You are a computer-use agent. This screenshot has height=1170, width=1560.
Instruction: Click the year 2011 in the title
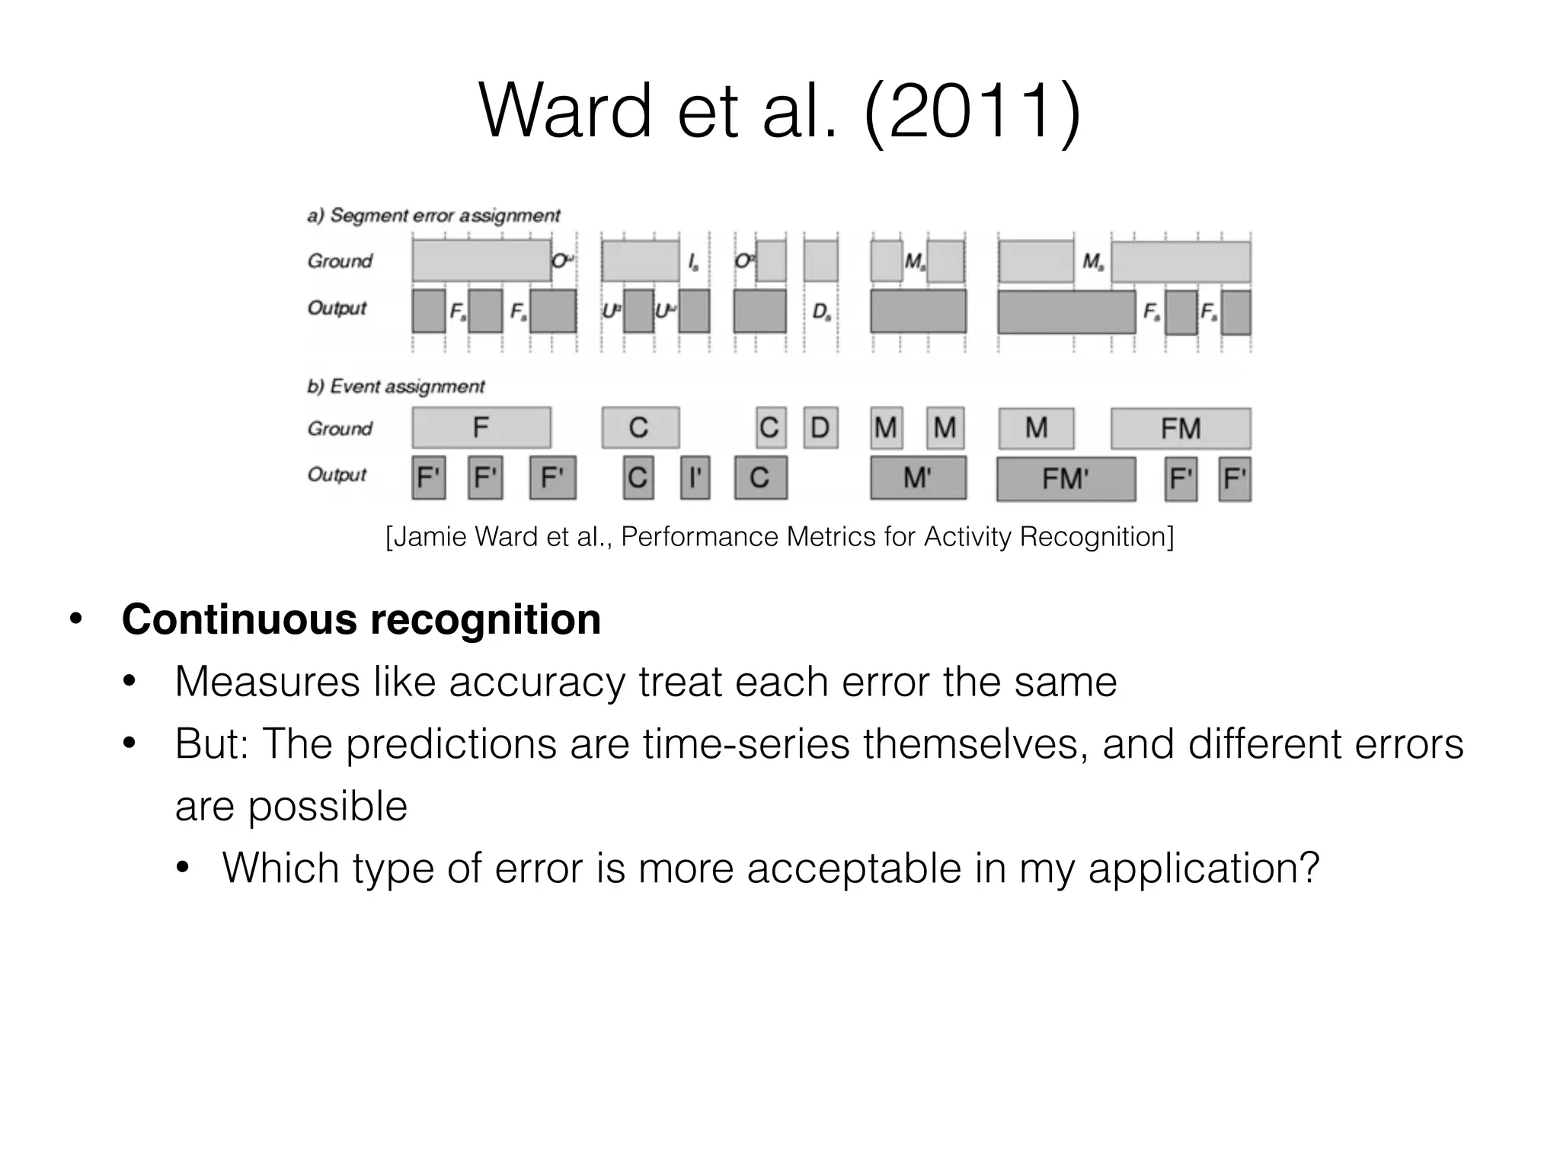coord(973,112)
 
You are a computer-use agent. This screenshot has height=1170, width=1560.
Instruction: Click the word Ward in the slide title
coord(564,112)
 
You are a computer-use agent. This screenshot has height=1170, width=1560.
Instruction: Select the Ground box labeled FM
coord(1180,428)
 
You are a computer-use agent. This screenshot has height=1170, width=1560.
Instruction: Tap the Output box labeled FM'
coord(1066,478)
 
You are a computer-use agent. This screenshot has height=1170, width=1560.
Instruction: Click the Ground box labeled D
coord(820,428)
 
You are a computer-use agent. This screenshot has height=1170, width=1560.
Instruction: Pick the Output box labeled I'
coord(695,478)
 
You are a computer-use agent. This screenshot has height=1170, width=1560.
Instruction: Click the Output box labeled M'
coord(918,478)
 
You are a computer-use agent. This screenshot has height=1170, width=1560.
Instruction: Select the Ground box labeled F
coord(481,427)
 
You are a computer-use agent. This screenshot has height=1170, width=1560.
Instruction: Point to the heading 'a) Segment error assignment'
coord(433,216)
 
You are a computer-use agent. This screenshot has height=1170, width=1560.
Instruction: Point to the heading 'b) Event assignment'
coord(395,386)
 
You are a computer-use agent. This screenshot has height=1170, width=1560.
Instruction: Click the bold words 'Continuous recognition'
coord(361,619)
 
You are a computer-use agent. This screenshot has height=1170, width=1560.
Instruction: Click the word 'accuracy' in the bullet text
coord(536,681)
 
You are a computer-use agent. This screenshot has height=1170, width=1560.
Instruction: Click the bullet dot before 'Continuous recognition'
coord(75,619)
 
